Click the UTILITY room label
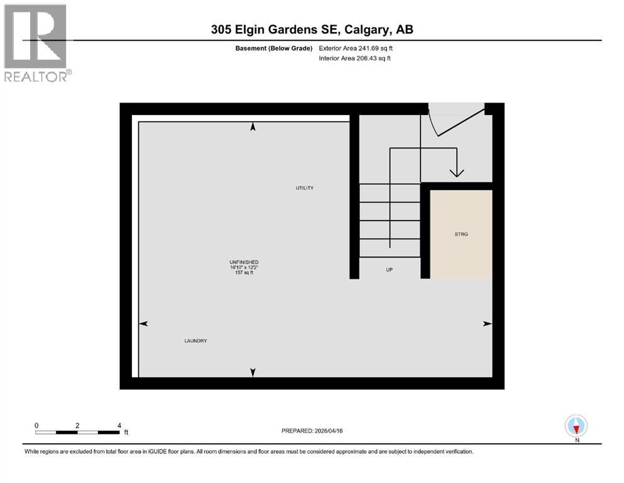coord(305,188)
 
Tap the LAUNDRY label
coord(195,341)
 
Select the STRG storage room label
coord(461,234)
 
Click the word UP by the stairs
coord(389,269)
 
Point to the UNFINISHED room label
coord(244,262)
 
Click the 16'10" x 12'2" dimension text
coord(244,267)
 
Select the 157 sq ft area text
coord(244,273)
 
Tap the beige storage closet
coord(461,252)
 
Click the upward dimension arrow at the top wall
coord(253,126)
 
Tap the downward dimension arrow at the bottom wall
coord(253,372)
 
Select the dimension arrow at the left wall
coord(143,323)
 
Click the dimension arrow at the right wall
coord(487,323)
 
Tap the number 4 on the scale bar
coord(119,425)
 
